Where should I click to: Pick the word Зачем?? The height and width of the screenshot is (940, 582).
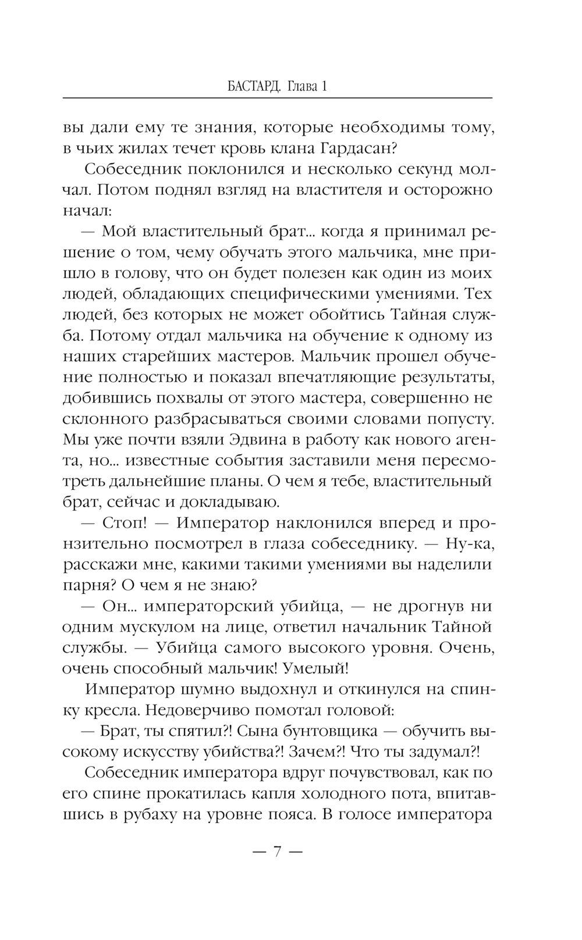pos(323,750)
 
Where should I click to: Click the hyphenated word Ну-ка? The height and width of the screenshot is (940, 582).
pos(469,543)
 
